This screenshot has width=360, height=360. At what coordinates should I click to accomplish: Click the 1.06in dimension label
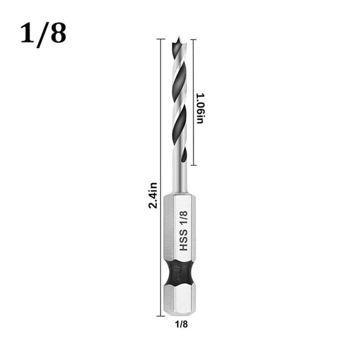point(200,107)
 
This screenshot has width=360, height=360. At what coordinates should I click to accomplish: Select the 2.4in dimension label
point(153,195)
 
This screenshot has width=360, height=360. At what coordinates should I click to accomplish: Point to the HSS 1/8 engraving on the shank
point(184,230)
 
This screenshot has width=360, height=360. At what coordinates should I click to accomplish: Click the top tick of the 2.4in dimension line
point(161,39)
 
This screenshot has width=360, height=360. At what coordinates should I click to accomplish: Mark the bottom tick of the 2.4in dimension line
point(161,314)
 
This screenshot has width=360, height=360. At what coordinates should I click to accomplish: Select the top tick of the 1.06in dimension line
point(193,39)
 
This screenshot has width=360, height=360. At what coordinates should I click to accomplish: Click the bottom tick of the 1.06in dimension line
point(193,165)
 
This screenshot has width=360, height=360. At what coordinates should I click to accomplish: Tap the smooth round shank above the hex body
point(180,178)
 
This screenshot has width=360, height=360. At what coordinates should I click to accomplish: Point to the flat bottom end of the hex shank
point(180,313)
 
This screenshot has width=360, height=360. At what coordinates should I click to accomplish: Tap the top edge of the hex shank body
point(180,195)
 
